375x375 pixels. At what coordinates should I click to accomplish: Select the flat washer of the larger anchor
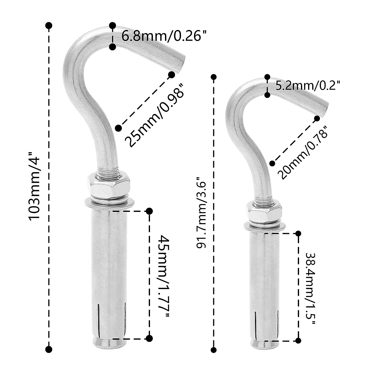pos(109,203)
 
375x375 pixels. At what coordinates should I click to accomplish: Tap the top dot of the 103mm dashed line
pos(49,25)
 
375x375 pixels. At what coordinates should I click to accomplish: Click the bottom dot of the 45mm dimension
pos(149,338)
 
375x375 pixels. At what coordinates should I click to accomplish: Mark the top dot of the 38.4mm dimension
pos(298,233)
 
